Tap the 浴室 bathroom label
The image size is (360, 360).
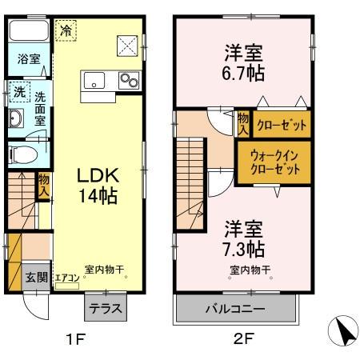(27, 59)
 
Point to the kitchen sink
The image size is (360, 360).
(94, 79)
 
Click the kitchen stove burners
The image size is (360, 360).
(128, 79)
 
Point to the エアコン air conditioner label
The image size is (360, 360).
(67, 278)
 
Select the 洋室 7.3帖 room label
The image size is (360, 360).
(244, 235)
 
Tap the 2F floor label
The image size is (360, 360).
(243, 338)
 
